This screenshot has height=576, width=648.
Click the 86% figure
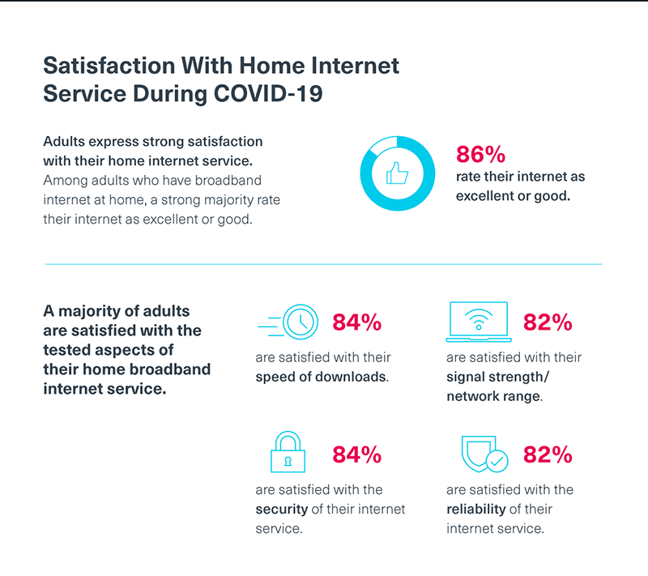480,155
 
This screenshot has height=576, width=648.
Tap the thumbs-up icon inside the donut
397,173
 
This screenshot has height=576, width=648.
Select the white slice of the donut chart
382,145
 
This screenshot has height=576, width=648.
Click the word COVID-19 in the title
268,93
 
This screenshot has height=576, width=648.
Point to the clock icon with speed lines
288,322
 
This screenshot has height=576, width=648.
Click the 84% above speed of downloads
357,322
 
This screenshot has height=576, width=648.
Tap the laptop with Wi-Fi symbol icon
479,322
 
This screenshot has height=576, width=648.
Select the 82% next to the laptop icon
548,322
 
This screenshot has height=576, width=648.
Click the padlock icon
288,451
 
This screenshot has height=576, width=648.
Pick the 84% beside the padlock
357,454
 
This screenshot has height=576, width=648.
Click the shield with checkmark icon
484,454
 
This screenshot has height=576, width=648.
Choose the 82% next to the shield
548,454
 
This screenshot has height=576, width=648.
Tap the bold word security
282,510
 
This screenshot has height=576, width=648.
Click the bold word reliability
476,509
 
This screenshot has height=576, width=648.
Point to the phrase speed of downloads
322,377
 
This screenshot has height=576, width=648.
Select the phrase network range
494,396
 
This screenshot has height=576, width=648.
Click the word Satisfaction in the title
109,66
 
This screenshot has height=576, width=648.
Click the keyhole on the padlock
288,461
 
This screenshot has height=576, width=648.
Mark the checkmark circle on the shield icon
497,461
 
